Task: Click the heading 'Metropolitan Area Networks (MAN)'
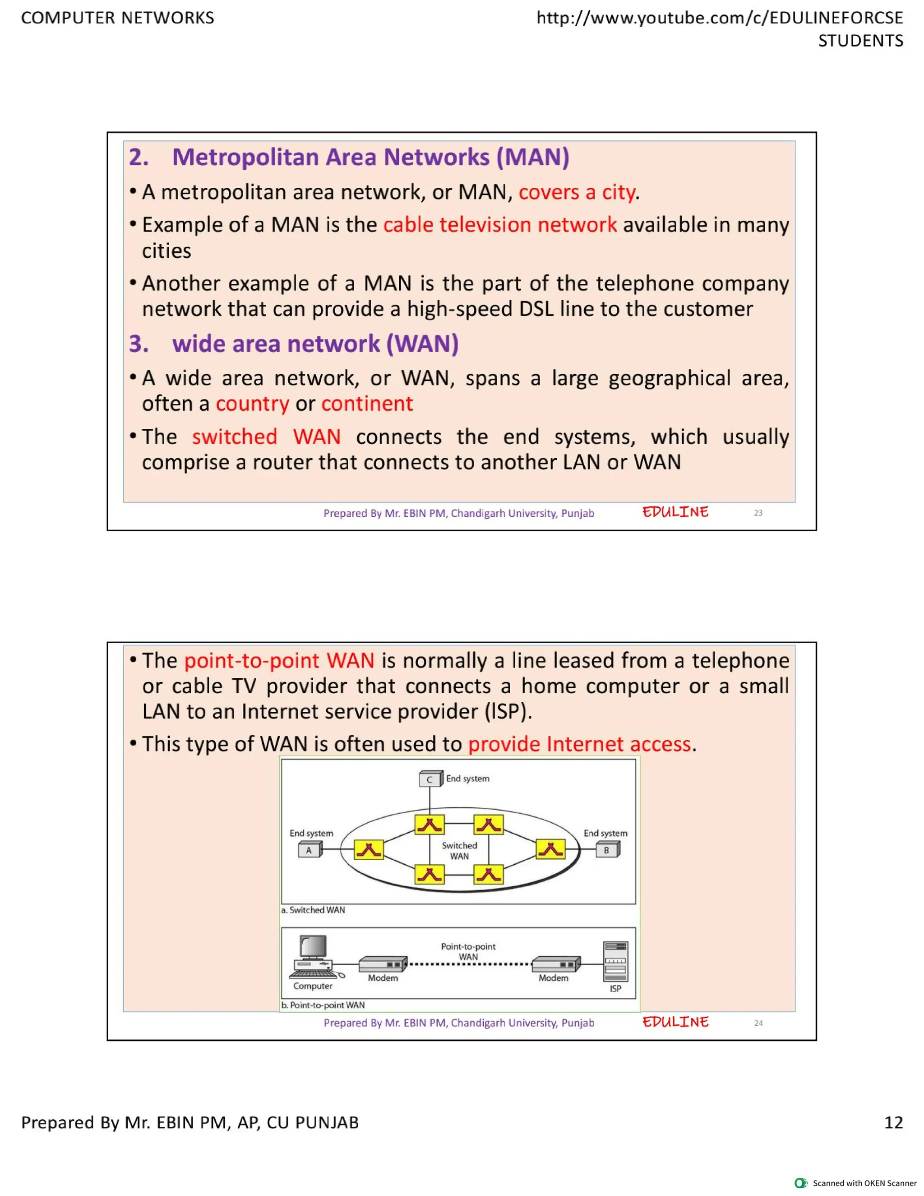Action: click(x=370, y=157)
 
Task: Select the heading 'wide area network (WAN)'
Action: click(x=315, y=344)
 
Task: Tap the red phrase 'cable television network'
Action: click(x=500, y=225)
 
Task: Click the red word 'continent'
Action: click(x=367, y=403)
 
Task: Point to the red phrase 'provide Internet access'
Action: click(x=579, y=744)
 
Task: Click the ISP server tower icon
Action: click(x=615, y=962)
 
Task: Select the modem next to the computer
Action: click(x=383, y=964)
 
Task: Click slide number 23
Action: click(x=758, y=513)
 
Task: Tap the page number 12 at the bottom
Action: click(x=893, y=1122)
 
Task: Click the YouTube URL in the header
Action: click(x=719, y=18)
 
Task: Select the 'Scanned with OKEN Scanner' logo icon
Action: click(x=800, y=1183)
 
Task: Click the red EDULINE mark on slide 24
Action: click(x=675, y=1022)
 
